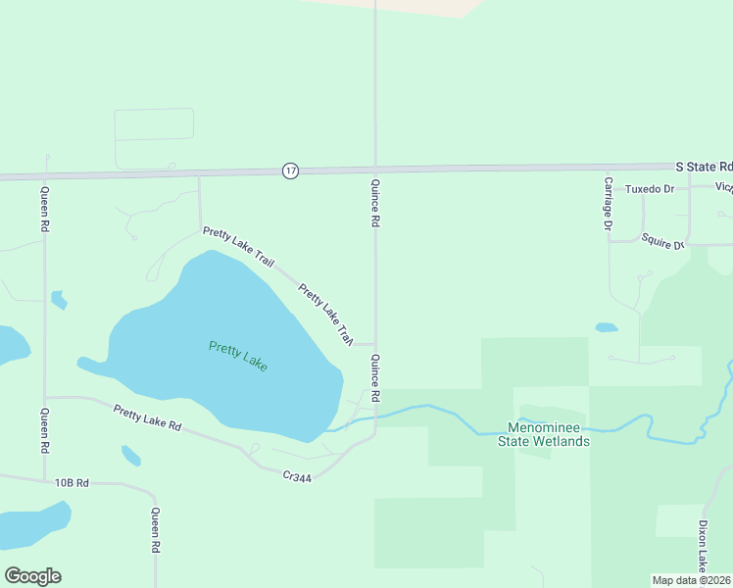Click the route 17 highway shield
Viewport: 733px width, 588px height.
pos(290,171)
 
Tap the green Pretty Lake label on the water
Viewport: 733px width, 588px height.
pos(238,355)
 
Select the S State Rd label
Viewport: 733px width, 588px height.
pos(705,168)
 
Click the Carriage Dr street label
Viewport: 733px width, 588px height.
pos(609,204)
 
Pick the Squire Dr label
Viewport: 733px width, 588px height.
pos(662,240)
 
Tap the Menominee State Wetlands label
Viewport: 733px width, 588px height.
pos(549,434)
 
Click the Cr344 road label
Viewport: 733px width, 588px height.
pos(297,475)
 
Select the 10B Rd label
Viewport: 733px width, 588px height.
pos(72,482)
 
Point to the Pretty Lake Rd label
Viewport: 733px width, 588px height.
pos(148,418)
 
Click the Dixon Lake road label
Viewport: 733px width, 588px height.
pos(703,545)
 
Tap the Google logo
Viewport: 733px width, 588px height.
pos(32,576)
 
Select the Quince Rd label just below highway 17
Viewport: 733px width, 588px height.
pos(374,203)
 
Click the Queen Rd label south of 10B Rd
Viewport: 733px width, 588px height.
pos(155,532)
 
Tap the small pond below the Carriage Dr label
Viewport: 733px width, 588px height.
pos(607,327)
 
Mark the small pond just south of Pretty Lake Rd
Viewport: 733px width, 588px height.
pos(131,456)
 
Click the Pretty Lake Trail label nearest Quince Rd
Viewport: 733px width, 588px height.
pos(324,315)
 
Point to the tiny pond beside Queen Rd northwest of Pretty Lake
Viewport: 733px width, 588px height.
pos(59,300)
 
